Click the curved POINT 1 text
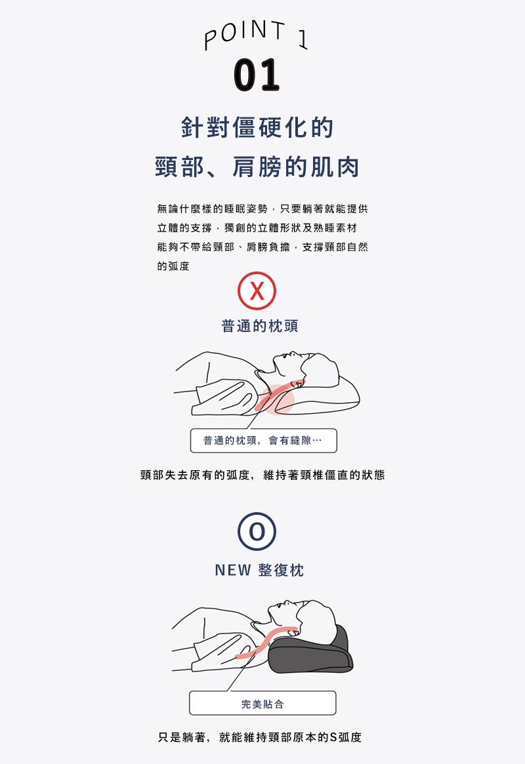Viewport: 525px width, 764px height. (x=256, y=36)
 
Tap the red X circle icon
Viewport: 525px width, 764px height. (x=257, y=291)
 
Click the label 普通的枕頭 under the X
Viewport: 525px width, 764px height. (x=260, y=326)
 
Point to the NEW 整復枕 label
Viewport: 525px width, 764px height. (x=260, y=570)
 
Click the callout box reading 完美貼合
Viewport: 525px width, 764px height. (x=262, y=704)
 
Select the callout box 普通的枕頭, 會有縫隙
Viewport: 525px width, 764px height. (x=263, y=441)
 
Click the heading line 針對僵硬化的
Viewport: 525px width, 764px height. (x=257, y=128)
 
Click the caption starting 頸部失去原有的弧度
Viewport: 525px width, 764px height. (x=262, y=475)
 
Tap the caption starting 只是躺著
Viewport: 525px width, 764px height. (x=260, y=737)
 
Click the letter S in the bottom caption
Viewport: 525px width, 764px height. (x=333, y=737)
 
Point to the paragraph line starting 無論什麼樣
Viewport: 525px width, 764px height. (x=262, y=209)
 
